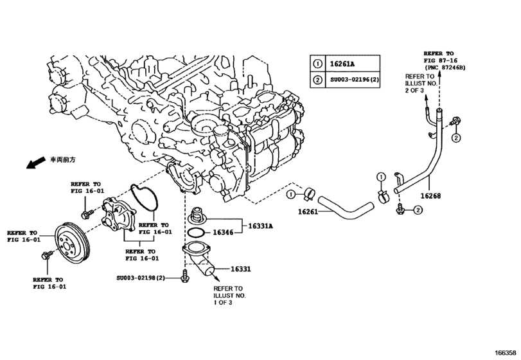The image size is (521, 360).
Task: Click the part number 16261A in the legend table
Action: (x=342, y=64)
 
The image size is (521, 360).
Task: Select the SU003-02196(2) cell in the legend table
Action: (x=355, y=80)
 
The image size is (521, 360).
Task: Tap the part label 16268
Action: (x=430, y=196)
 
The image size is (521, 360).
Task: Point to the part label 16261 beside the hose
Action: (x=308, y=212)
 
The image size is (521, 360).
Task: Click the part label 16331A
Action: (x=261, y=226)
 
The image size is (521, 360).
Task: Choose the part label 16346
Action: (x=223, y=232)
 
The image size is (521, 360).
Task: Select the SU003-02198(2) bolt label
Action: (x=141, y=278)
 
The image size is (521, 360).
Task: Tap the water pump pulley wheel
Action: (x=71, y=245)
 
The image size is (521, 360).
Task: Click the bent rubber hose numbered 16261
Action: (x=346, y=208)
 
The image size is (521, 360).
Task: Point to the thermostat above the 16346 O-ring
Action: (x=198, y=216)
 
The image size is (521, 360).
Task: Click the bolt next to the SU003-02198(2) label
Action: (x=185, y=277)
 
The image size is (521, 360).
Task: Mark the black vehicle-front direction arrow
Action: (x=35, y=163)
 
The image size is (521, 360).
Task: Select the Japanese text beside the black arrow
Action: (x=63, y=160)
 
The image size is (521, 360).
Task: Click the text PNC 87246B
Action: (x=446, y=67)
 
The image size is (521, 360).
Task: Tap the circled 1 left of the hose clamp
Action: (x=291, y=194)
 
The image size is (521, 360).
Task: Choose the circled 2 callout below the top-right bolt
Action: (x=456, y=138)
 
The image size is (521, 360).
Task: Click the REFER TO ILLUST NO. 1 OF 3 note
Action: (x=229, y=295)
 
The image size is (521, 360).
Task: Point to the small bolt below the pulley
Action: (x=46, y=256)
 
